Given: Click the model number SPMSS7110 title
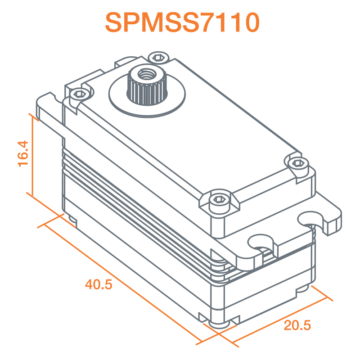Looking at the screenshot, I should [x=182, y=22].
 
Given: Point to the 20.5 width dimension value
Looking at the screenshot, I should [x=297, y=325].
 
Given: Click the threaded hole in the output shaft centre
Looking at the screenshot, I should [x=145, y=73].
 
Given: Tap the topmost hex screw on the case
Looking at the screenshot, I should [x=158, y=58].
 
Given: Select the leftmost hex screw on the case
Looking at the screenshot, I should [x=79, y=94].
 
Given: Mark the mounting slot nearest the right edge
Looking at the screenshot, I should [x=313, y=219].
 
